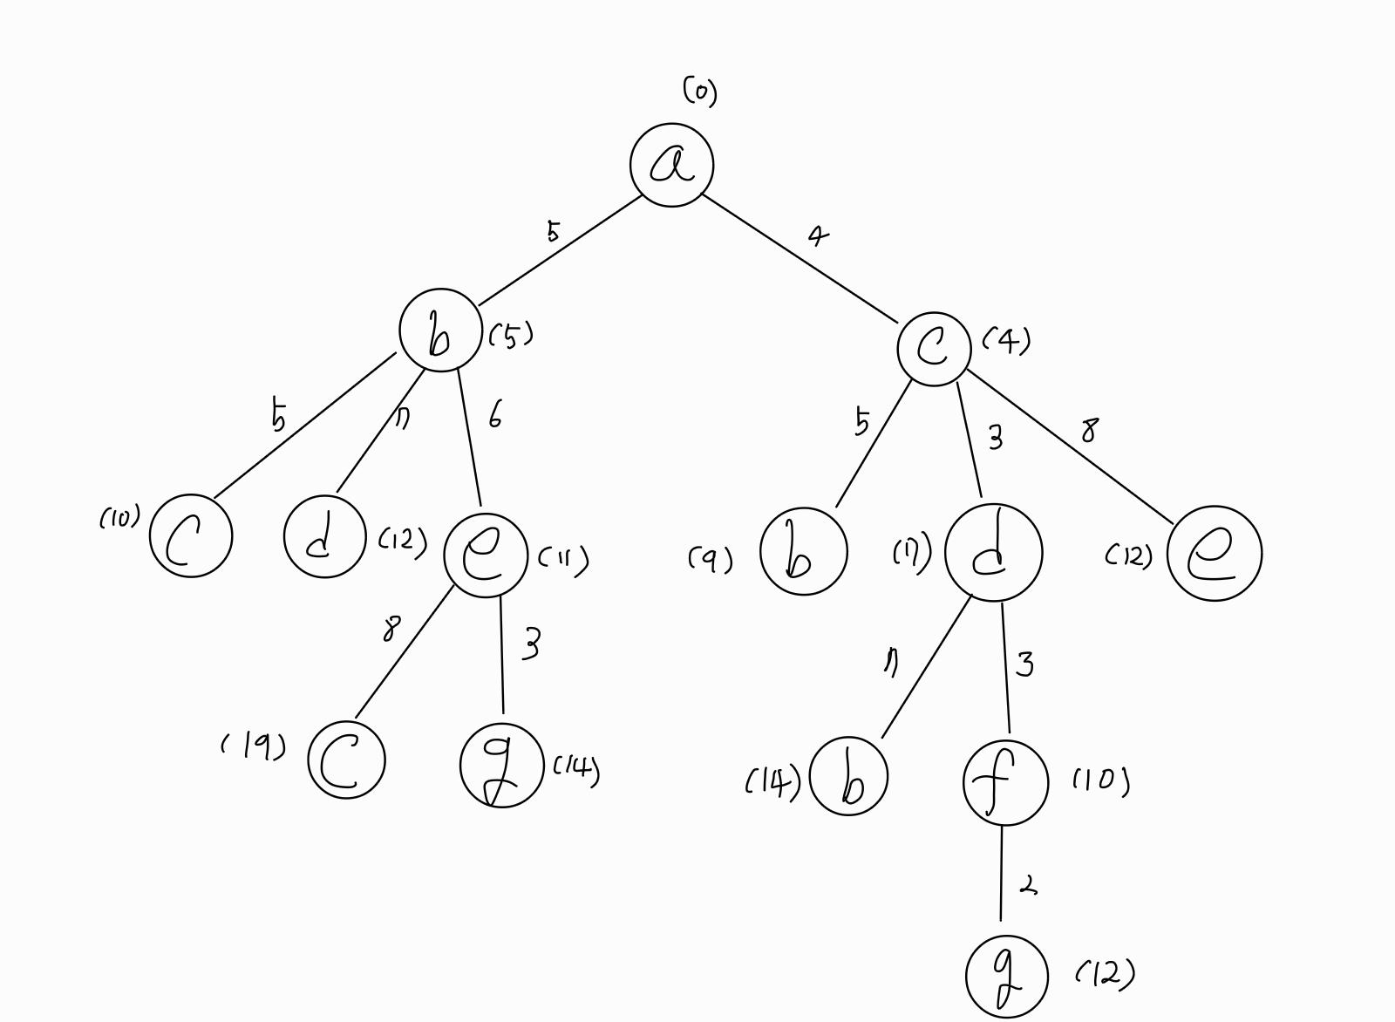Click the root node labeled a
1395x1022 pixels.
[x=671, y=165]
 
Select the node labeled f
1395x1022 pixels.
[x=1004, y=782]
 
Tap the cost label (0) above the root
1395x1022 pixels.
[x=699, y=91]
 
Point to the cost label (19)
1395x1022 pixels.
[x=253, y=746]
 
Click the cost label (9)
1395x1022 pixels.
[x=711, y=559]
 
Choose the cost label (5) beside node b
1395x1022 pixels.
[x=511, y=335]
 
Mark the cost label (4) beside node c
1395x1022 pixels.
[x=1006, y=340]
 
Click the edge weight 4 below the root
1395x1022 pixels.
[x=817, y=235]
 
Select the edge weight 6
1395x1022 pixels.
[x=494, y=417]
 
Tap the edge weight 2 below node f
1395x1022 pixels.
[x=1029, y=887]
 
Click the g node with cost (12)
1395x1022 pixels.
[x=1006, y=977]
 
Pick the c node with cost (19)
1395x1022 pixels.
[x=346, y=760]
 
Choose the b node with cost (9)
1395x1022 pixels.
[x=803, y=551]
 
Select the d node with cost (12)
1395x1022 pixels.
[x=324, y=537]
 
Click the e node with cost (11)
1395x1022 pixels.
[x=485, y=555]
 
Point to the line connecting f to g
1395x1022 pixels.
[x=1001, y=872]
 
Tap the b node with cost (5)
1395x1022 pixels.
[x=440, y=330]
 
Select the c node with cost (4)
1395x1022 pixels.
[x=934, y=349]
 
